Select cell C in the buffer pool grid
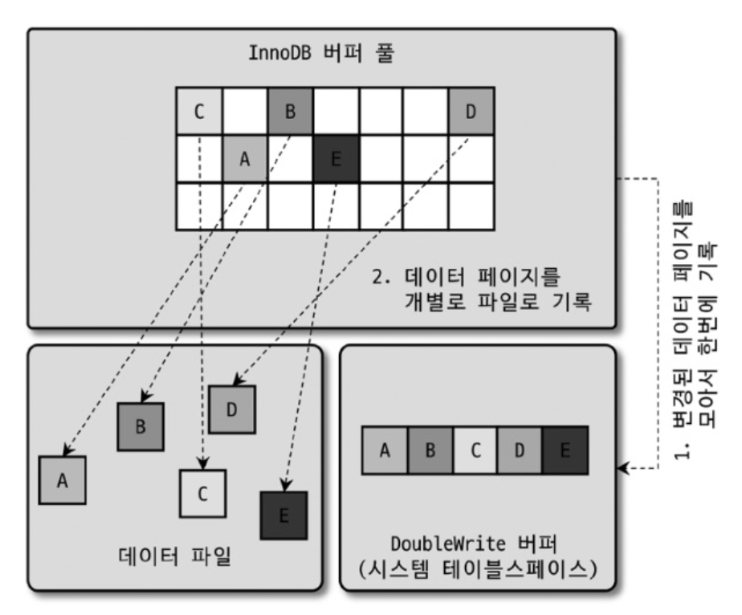click(198, 112)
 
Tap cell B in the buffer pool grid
click(290, 112)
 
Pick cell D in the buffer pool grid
click(471, 112)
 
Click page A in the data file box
click(63, 480)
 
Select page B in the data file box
click(141, 426)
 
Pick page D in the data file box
click(232, 409)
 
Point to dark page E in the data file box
click(283, 515)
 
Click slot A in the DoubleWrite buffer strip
click(385, 450)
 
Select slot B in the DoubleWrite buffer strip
click(430, 450)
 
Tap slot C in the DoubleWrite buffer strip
click(475, 450)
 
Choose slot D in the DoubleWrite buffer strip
click(520, 450)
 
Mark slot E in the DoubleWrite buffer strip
click(565, 450)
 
